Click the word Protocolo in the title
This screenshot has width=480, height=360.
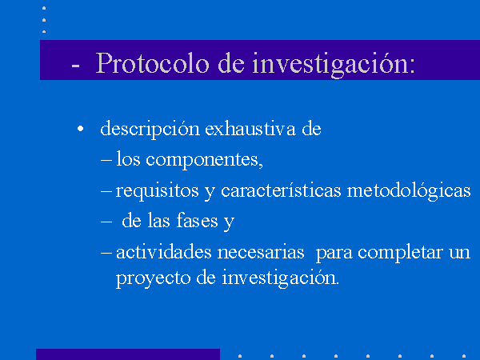click(153, 63)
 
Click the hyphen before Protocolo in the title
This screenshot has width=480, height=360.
click(75, 65)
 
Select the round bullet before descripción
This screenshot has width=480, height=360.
click(80, 129)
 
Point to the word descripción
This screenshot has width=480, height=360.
click(150, 129)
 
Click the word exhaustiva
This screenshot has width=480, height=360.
click(250, 129)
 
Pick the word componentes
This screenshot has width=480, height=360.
click(204, 160)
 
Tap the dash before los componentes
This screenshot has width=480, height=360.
click(106, 160)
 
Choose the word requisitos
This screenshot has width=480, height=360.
click(157, 191)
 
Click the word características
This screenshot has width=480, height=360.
click(281, 190)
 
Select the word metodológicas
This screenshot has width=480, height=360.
click(409, 191)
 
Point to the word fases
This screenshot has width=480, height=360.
click(197, 221)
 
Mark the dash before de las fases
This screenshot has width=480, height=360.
click(106, 221)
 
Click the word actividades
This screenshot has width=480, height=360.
click(164, 252)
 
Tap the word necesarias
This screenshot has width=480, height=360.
click(261, 253)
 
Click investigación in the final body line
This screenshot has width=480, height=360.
click(281, 278)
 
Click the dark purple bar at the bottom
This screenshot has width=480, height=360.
click(128, 354)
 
